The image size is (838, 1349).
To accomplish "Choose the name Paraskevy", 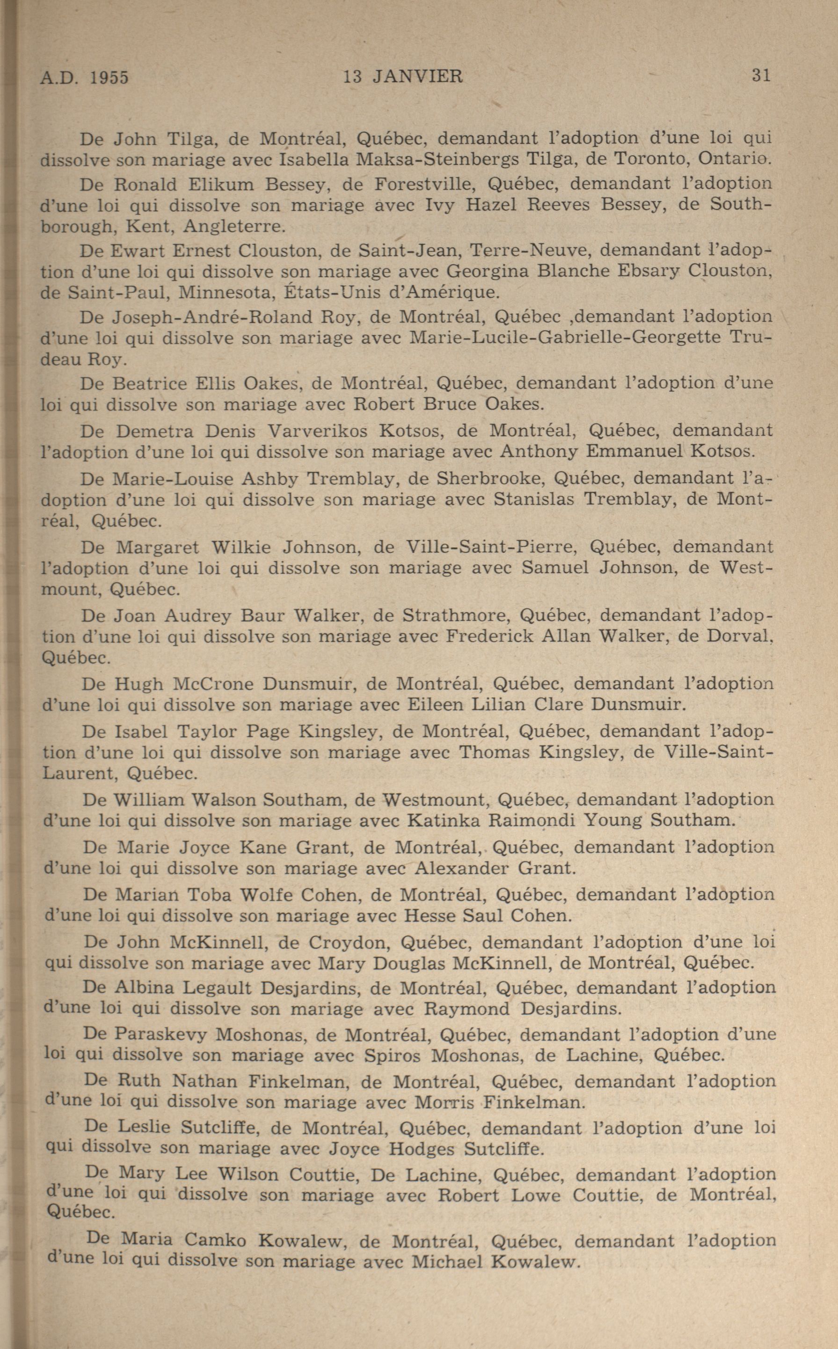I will tap(161, 1034).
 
